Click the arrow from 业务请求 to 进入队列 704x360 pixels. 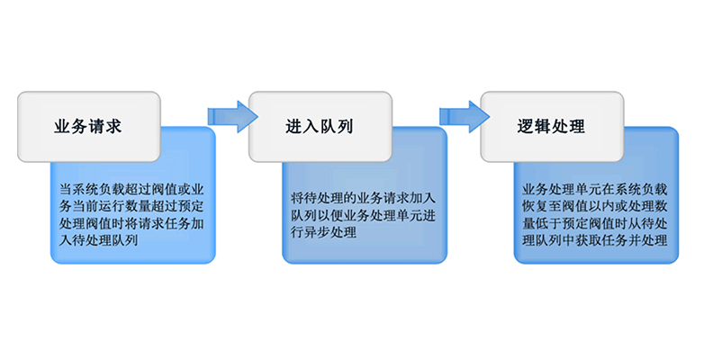232,117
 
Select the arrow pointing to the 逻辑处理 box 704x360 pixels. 465,117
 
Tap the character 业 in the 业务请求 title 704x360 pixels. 62,126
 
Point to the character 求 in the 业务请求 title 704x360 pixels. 113,126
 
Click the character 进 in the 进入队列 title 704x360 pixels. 294,126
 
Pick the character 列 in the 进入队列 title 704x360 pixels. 346,126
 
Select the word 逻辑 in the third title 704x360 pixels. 534,126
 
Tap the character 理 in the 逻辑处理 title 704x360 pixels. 577,126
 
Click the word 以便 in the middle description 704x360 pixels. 330,215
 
